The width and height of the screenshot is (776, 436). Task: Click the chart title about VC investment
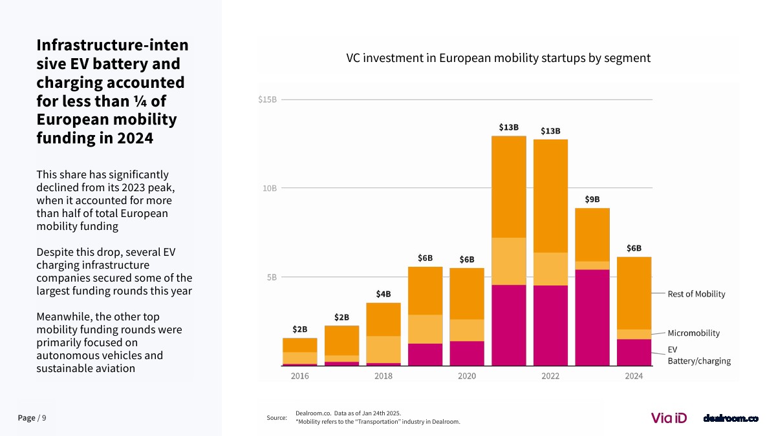pos(498,58)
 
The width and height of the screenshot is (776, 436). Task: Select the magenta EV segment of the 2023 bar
pos(592,317)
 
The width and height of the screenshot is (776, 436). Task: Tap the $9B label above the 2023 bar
pos(592,200)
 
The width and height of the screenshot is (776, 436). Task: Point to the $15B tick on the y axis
pos(267,99)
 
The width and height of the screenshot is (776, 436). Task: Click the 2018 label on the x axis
pos(383,376)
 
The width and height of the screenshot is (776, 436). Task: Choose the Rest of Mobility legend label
pos(696,294)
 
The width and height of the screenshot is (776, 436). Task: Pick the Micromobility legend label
pos(694,333)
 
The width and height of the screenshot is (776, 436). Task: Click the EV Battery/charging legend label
pos(699,355)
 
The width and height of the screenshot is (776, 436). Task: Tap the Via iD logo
pos(669,418)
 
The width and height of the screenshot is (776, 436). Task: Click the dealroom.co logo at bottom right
pos(731,419)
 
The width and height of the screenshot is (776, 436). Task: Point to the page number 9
pos(44,418)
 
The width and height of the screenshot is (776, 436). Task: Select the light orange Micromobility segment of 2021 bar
pos(509,261)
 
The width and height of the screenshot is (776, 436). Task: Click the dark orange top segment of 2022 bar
pos(550,196)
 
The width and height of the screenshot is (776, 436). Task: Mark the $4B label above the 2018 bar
pos(383,294)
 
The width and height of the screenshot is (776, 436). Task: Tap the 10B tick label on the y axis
pos(270,188)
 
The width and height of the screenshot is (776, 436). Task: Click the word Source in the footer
pos(276,419)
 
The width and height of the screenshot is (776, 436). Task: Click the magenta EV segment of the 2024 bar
pos(634,352)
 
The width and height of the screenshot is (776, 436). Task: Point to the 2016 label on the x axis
pos(299,376)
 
